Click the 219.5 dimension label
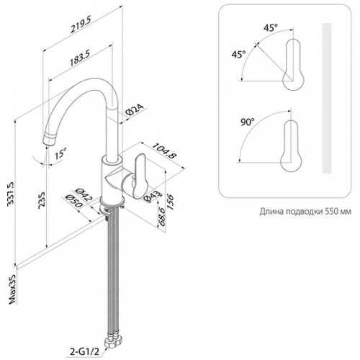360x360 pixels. tap(81, 25)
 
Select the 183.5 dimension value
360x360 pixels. tap(80, 58)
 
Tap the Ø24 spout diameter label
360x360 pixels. tap(135, 109)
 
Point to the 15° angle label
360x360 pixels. tap(60, 154)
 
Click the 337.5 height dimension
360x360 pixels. tap(11, 194)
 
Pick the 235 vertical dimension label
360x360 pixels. tap(42, 200)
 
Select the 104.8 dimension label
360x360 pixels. tap(165, 151)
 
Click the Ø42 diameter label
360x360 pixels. tap(84, 194)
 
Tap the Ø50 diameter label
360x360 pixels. tap(74, 201)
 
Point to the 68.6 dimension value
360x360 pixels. tap(161, 217)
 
